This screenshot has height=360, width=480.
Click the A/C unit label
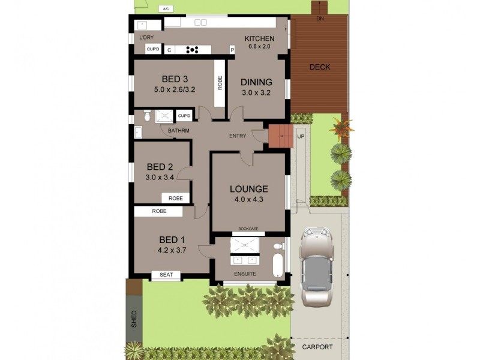166,9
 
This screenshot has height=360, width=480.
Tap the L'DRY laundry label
145,38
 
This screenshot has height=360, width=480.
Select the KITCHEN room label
260,38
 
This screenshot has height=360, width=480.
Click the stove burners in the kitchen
193,50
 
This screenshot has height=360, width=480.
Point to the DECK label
319,67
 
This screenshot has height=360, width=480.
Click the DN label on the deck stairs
320,19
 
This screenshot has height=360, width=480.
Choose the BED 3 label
175,79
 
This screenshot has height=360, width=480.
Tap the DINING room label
257,82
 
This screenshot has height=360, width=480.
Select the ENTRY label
238,136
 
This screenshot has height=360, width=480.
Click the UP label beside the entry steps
301,136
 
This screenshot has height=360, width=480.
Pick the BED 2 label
160,167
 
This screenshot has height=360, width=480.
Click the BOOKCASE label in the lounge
248,229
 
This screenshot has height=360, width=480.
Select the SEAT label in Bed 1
166,275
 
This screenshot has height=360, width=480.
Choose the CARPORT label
317,347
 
